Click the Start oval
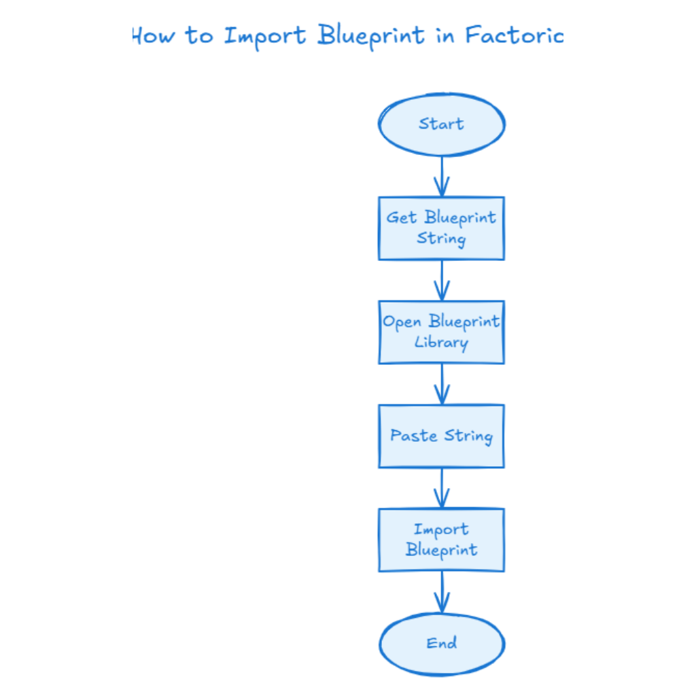point(441,124)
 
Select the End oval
point(441,643)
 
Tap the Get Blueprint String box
point(441,228)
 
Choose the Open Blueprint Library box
point(441,332)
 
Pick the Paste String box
point(441,436)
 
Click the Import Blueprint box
point(441,540)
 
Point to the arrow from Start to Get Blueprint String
point(442,177)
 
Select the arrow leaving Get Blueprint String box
point(442,280)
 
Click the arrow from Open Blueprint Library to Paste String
point(442,384)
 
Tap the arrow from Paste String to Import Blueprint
point(442,488)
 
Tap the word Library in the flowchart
point(441,343)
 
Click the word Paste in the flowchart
point(413,436)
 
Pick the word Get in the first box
point(402,217)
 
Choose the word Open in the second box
point(402,322)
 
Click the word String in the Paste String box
point(468,436)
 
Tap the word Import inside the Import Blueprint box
point(441,529)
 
